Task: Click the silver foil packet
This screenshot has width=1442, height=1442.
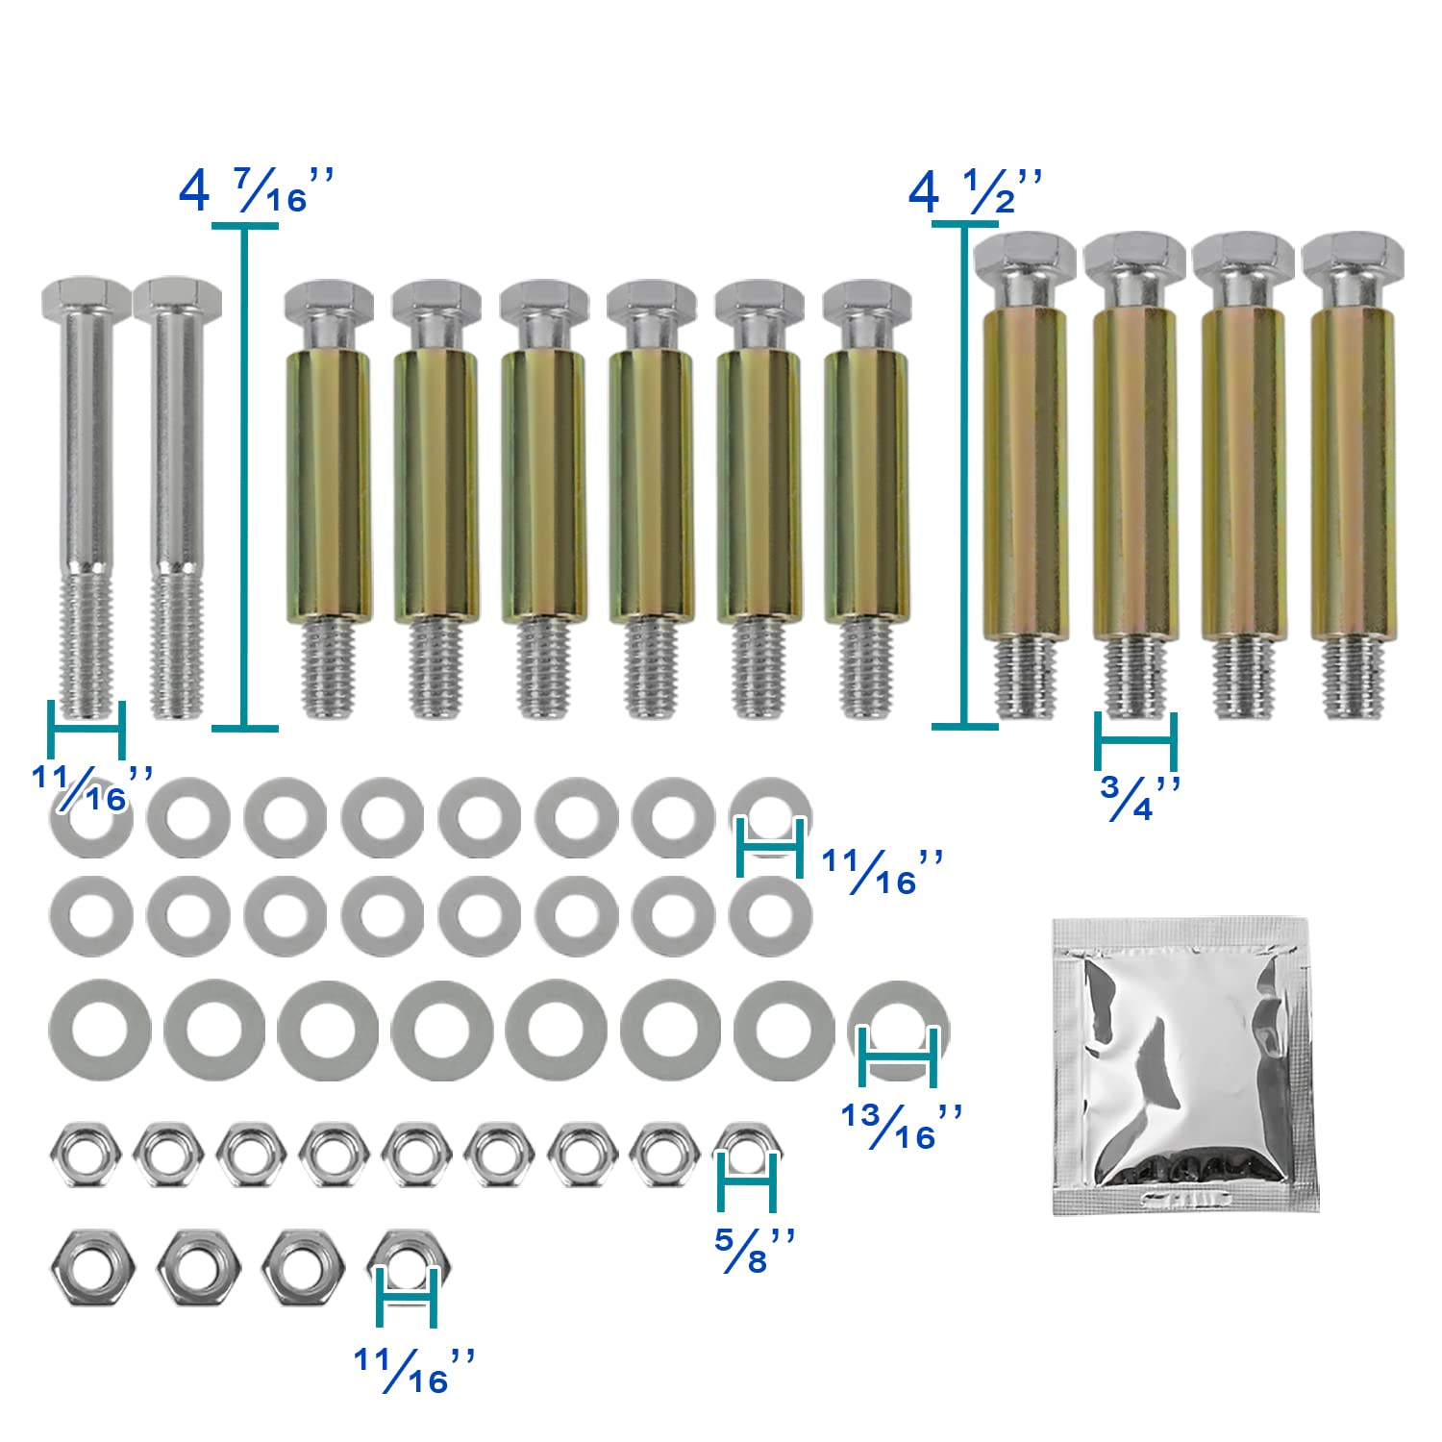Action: tap(1186, 1066)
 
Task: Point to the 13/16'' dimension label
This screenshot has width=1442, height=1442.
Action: tap(902, 1127)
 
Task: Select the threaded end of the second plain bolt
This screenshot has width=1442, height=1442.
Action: tap(177, 645)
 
